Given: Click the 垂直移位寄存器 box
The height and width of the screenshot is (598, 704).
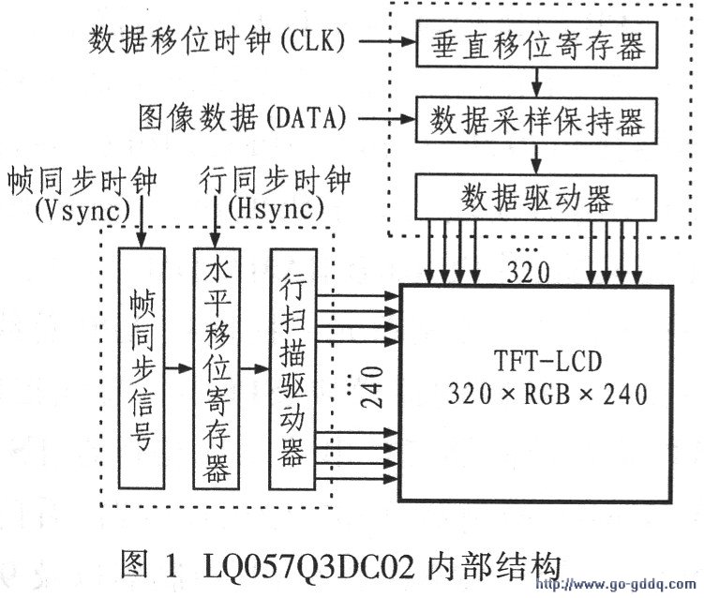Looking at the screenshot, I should pyautogui.click(x=514, y=43).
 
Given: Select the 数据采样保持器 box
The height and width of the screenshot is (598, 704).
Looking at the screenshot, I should pyautogui.click(x=514, y=120).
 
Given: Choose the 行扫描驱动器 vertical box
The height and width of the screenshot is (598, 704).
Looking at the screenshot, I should pyautogui.click(x=292, y=368).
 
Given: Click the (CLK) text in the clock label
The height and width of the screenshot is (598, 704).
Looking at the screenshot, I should pyautogui.click(x=312, y=41).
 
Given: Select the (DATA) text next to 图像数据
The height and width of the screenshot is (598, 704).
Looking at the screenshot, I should pyautogui.click(x=309, y=119).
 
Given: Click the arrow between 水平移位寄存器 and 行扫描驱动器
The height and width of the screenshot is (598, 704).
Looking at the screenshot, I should pyautogui.click(x=253, y=367).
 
